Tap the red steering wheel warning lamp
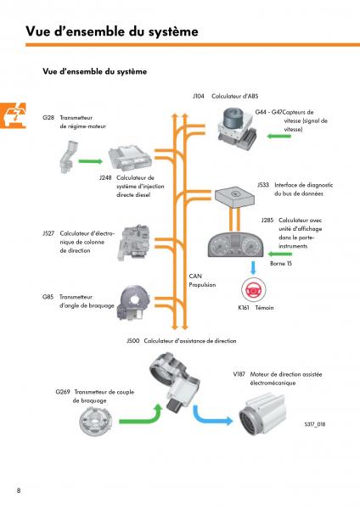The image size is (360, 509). point(253,289)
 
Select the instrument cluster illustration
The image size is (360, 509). point(235,245)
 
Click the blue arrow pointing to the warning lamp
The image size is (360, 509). point(253,268)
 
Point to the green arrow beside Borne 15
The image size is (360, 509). point(279,254)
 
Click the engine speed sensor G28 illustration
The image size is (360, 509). point(68,156)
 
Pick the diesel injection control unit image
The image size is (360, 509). point(130,158)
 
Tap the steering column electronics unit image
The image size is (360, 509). point(134,242)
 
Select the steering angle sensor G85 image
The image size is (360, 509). point(134,303)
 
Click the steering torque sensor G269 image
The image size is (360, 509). point(96,421)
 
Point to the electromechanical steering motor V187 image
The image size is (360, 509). point(262,414)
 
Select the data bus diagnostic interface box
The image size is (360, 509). point(234,196)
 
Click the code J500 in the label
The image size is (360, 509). point(133,341)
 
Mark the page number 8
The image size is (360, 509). point(19,490)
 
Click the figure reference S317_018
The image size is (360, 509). point(315,424)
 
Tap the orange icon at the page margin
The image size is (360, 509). point(13,115)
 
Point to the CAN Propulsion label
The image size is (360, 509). point(202,280)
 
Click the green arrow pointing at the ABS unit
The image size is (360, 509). point(278,136)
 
